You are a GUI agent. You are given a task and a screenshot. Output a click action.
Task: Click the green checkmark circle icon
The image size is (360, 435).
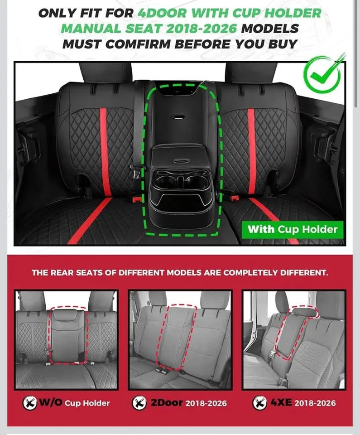tap(322, 73)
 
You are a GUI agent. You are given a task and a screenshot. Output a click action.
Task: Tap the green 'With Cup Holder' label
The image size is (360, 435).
tap(292, 229)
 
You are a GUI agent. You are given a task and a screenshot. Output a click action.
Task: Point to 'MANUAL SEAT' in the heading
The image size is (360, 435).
tap(110, 28)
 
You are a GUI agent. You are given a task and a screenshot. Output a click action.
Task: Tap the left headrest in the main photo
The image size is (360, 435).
tap(105, 72)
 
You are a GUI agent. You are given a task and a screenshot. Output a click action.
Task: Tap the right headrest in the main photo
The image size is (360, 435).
tap(251, 72)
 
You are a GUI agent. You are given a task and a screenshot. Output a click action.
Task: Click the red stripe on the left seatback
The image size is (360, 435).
tap(104, 145)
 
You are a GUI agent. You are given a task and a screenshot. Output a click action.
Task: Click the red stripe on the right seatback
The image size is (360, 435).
tap(251, 145)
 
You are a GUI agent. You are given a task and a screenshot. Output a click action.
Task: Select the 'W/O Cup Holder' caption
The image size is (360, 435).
tap(73, 403)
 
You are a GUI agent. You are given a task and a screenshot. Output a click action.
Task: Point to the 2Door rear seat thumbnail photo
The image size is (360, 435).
tap(180, 339)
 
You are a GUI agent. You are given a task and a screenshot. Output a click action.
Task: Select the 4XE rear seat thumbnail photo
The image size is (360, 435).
tap(294, 339)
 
